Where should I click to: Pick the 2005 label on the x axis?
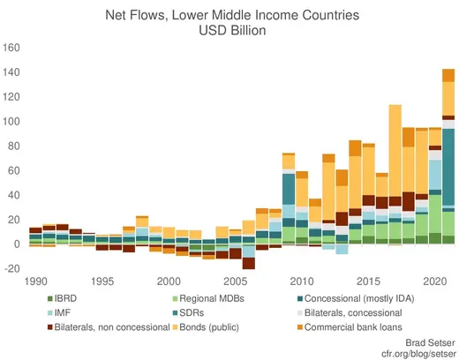235,281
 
